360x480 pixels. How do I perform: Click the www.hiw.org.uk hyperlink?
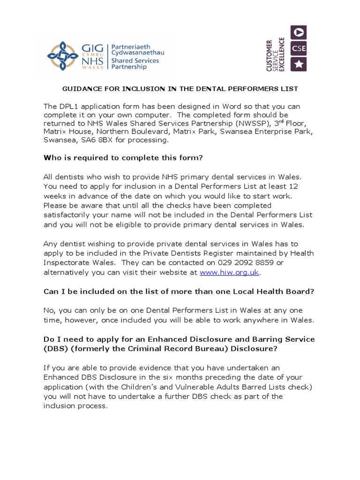229,272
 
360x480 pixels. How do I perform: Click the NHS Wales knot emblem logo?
64,56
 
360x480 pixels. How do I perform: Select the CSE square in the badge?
299,48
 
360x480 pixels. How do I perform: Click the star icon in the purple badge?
299,64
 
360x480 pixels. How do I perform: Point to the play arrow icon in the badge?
299,32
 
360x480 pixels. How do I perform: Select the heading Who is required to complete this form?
123,157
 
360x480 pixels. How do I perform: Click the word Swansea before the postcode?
59,140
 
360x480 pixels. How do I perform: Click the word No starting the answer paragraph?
49,310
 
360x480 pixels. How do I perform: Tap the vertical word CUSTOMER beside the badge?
270,55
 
